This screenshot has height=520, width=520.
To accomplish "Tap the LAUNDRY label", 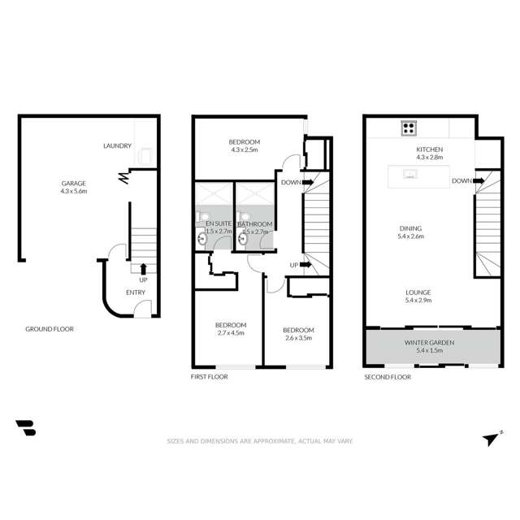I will (117, 146).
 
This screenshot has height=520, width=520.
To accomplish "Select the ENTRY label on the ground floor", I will (136, 292).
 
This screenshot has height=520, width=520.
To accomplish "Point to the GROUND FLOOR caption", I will (49, 329).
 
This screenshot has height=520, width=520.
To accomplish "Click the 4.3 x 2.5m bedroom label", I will (244, 145).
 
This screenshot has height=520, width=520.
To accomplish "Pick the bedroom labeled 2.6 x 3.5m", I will (298, 334).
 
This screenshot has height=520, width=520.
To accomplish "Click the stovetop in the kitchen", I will (409, 128).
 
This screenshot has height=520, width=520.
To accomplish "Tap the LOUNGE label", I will (418, 296).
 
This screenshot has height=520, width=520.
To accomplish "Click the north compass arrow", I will (490, 439).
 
